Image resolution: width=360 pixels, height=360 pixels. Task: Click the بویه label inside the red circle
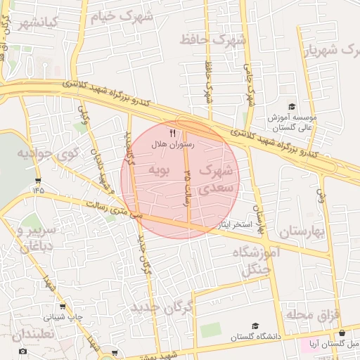tap(158, 170)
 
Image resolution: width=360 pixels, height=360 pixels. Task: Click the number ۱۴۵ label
tap(37, 188)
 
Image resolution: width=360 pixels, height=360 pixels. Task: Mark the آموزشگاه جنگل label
tap(260, 261)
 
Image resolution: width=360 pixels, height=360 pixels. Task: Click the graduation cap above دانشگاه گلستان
tap(255, 326)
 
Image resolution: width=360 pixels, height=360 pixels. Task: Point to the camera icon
tap(22, 351)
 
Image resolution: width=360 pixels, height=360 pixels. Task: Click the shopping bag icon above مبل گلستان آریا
tap(342, 333)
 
